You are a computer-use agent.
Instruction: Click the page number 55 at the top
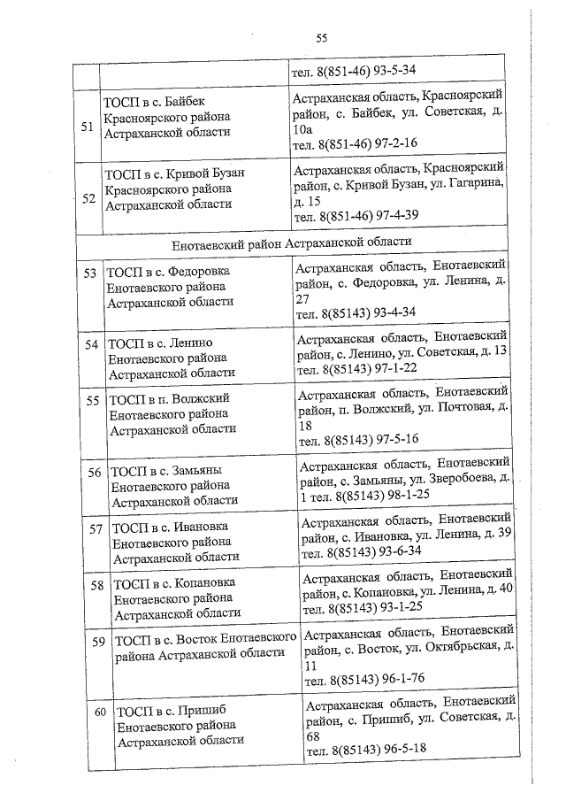pos(321,37)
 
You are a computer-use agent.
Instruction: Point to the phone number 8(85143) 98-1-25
pos(386,493)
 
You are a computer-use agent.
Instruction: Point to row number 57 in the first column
pos(96,528)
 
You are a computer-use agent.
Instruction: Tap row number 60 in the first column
pos(100,711)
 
